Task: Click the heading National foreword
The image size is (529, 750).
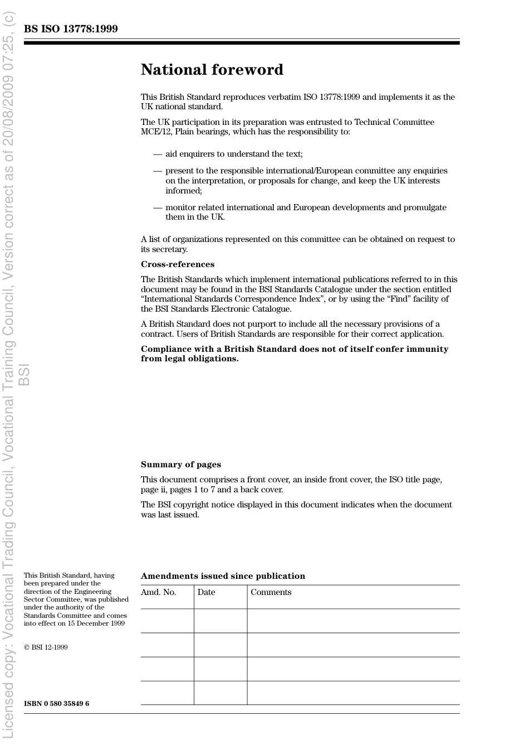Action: pos(212,70)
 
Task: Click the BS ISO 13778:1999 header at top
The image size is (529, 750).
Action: pos(71,29)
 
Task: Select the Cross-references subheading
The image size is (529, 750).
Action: pos(177,264)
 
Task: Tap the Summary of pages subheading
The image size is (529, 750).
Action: pos(180,464)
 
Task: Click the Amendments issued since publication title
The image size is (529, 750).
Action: pos(223,576)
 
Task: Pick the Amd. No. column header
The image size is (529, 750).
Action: pos(158,592)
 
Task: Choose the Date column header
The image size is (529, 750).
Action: pos(206,592)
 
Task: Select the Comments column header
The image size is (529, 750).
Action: pos(271,592)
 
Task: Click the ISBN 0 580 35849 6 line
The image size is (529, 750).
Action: pos(56,704)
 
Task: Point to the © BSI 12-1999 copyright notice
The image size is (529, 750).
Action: pos(46,647)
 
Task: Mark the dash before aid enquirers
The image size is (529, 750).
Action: pos(158,154)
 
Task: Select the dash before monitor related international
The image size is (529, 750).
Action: pos(158,207)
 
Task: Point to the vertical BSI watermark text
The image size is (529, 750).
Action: pos(24,375)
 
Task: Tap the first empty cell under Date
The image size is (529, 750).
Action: pos(221,621)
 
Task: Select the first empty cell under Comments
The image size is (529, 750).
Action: pos(353,621)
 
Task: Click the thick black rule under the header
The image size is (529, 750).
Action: pos(242,43)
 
